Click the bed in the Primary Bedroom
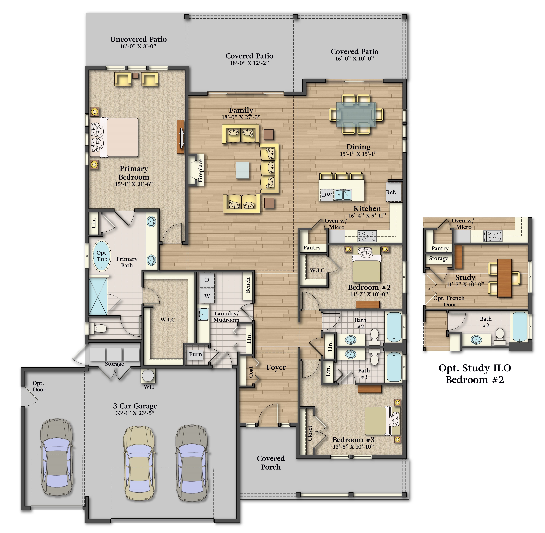(x=114, y=137)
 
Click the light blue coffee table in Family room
(x=243, y=170)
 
